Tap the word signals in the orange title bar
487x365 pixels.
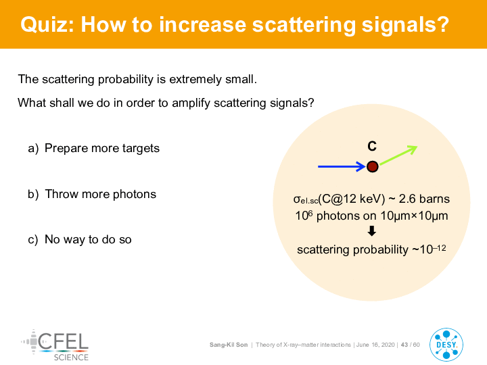tap(406, 26)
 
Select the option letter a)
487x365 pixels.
tap(33, 148)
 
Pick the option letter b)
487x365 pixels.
tap(33, 194)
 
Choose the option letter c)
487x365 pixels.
tap(33, 239)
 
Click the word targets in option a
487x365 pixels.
tap(141, 148)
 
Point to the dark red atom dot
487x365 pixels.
tap(373, 167)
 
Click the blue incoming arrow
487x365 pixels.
tap(342, 167)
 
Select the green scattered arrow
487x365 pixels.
tap(398, 155)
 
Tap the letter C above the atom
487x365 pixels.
tap(372, 146)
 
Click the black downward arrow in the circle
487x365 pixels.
tap(372, 231)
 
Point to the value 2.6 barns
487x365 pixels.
tap(424, 199)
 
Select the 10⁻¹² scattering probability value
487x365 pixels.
tap(433, 249)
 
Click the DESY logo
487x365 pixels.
tap(446, 345)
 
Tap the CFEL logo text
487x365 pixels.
tap(63, 341)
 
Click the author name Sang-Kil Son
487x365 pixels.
tap(229, 345)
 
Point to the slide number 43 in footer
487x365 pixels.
tap(404, 345)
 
